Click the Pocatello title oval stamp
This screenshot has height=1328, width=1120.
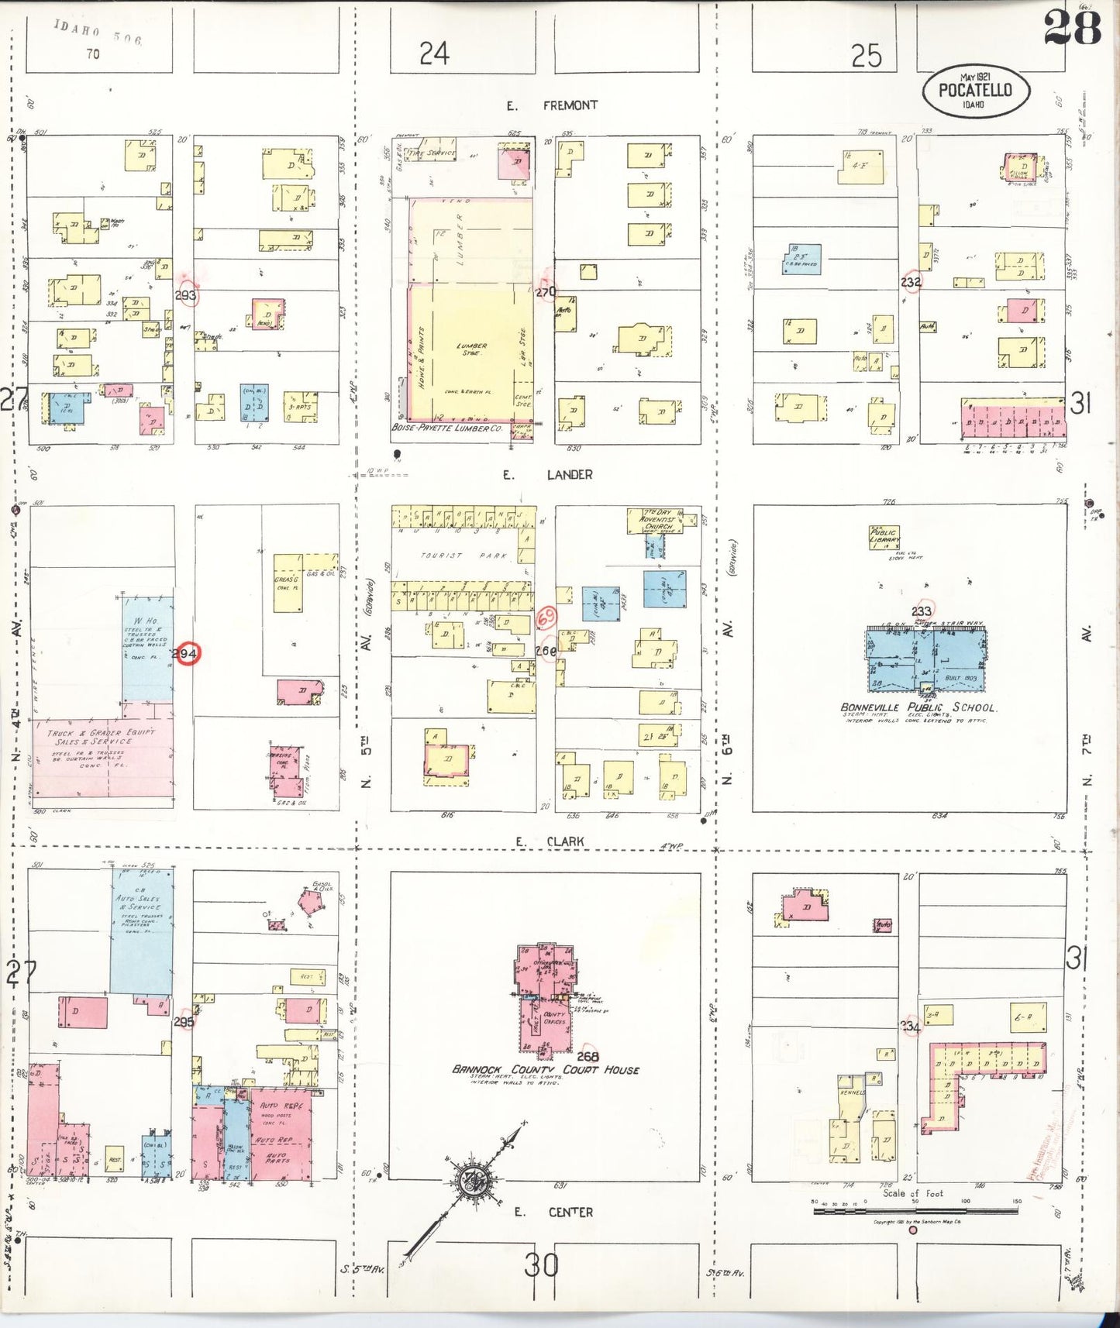976,91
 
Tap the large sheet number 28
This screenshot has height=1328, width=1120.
1072,29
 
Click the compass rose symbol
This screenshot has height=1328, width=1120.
469,1182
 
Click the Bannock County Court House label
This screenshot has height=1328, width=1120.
546,1070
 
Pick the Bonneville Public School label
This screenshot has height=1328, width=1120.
918,707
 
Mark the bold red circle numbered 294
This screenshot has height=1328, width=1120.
185,654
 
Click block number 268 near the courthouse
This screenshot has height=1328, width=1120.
588,1056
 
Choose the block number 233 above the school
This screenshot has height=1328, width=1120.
921,611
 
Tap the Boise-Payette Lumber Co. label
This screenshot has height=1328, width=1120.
446,428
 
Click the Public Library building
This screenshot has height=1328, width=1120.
884,537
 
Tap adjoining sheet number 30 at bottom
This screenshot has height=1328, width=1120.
541,1265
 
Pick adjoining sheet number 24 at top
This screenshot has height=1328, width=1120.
434,53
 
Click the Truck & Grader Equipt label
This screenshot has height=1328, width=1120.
101,736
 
